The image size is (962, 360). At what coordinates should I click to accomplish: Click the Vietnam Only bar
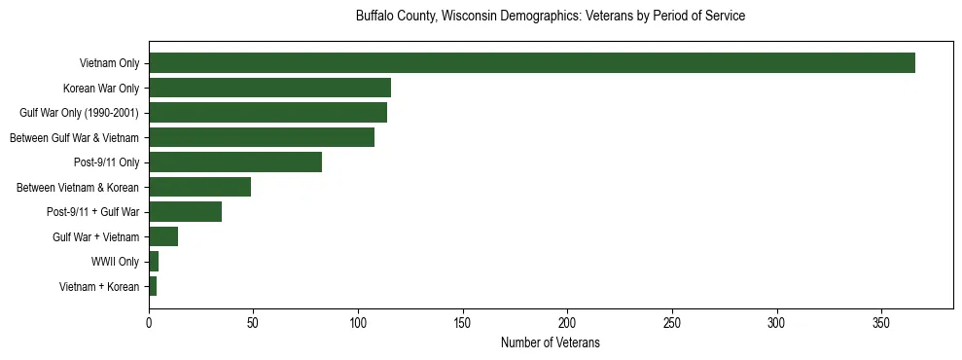pyautogui.click(x=532, y=63)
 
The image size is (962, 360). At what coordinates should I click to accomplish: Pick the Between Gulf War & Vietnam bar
pyautogui.click(x=262, y=137)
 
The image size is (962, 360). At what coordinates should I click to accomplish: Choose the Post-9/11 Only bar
pyautogui.click(x=235, y=162)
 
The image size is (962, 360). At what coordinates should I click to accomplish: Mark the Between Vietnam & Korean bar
pyautogui.click(x=199, y=187)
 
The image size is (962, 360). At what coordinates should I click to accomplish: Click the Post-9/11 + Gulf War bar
pyautogui.click(x=185, y=211)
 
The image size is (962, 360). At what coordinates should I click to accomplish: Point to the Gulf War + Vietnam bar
pyautogui.click(x=163, y=236)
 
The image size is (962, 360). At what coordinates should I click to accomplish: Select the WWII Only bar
pyautogui.click(x=154, y=261)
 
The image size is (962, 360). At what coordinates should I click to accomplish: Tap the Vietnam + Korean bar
pyautogui.click(x=153, y=286)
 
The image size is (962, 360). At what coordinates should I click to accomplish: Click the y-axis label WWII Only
pyautogui.click(x=115, y=262)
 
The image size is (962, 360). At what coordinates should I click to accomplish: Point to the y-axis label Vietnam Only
pyautogui.click(x=109, y=63)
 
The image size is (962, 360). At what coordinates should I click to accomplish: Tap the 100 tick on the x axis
pyautogui.click(x=358, y=321)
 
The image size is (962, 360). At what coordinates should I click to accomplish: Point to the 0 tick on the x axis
pyautogui.click(x=149, y=321)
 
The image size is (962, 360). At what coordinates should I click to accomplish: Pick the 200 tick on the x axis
pyautogui.click(x=567, y=321)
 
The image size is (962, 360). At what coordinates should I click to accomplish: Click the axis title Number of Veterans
pyautogui.click(x=551, y=342)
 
